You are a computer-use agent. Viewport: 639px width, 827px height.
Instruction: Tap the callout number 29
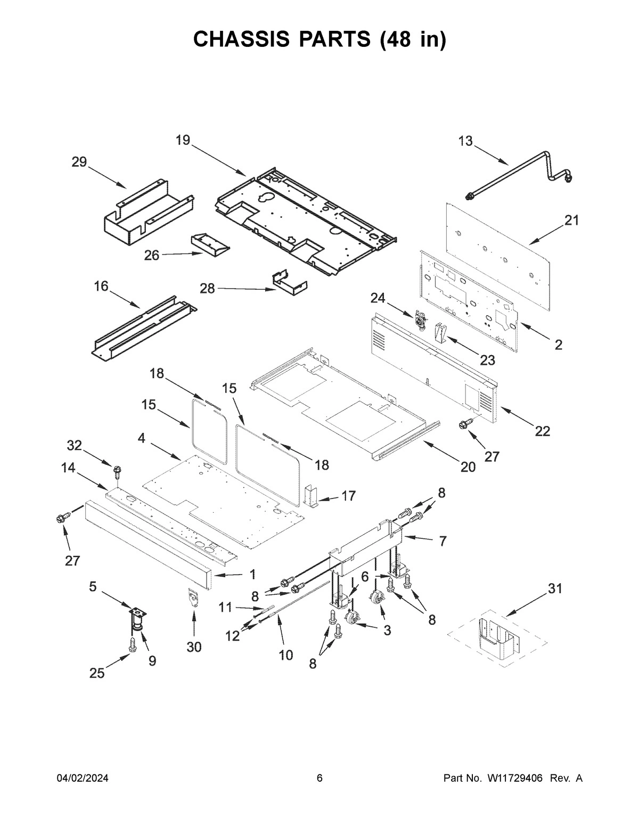79,162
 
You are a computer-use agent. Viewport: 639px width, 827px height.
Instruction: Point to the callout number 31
555,588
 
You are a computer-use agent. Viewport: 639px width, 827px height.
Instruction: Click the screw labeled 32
116,470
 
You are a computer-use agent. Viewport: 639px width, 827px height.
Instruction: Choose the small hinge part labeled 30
193,597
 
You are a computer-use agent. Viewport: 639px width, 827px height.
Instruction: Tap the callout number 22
542,431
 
